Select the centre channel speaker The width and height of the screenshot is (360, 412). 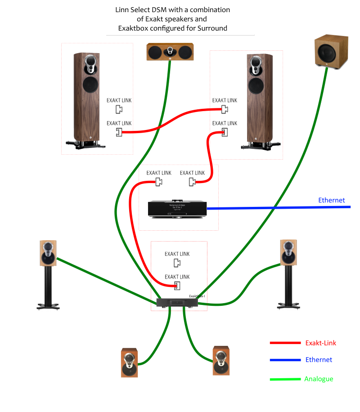(170, 52)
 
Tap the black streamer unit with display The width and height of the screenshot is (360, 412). (177, 209)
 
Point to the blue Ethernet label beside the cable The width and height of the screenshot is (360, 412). (331, 200)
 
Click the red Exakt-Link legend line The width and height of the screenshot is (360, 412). (285, 343)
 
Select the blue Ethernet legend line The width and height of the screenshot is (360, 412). (285, 360)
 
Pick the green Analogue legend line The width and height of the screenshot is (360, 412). (285, 379)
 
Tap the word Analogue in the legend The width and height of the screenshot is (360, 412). (319, 379)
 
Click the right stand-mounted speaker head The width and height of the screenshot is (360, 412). (288, 252)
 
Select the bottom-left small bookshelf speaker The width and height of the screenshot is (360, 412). (129, 363)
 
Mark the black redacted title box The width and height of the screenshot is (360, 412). (180, 19)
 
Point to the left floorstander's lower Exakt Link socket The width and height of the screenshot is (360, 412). (119, 132)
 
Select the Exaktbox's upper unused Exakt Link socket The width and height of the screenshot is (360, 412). (177, 263)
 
